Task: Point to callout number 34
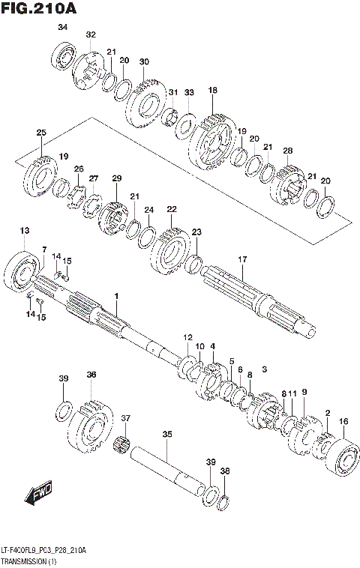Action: coord(63,28)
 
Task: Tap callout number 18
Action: coord(213,91)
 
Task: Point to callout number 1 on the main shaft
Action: coord(116,297)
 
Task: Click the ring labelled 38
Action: coord(223,498)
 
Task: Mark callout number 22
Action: coord(172,209)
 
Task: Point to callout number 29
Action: coord(116,178)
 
